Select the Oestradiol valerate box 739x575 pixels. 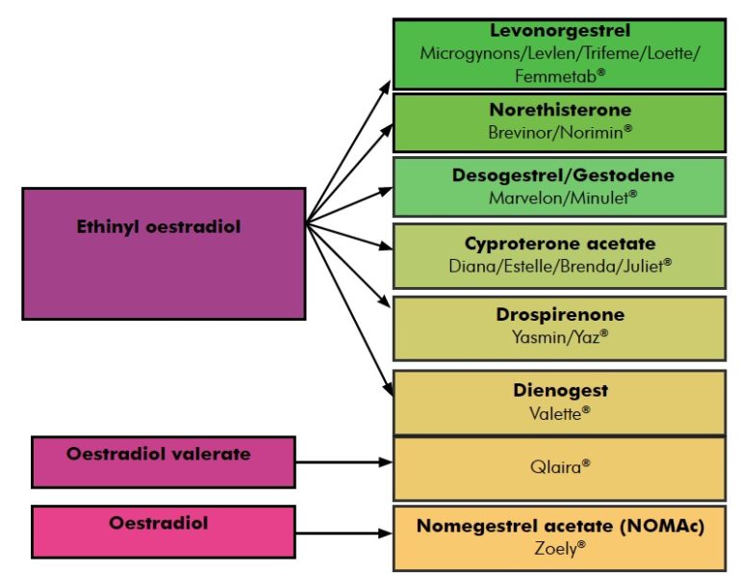163,461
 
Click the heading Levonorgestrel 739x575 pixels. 559,32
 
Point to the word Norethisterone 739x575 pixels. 559,109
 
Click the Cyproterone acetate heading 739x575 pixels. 559,244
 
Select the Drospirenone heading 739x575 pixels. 559,315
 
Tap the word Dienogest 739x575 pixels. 559,391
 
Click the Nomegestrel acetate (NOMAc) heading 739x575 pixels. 560,527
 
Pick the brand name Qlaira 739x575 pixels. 559,465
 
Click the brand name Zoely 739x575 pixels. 559,548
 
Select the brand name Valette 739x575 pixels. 559,411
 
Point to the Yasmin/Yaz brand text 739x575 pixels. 559,336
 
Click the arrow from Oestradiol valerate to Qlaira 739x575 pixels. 344,462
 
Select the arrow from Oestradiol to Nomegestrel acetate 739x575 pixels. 344,533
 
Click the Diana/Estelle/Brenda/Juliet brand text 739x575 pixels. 559,264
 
